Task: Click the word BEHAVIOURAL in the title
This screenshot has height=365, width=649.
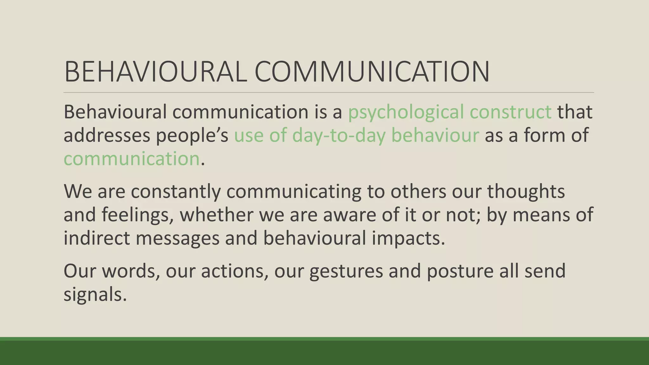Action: (x=155, y=72)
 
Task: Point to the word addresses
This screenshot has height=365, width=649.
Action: (x=106, y=135)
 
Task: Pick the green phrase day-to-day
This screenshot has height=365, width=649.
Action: (x=338, y=135)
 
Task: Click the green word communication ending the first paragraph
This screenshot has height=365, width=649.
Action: (x=131, y=159)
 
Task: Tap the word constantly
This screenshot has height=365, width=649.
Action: (x=176, y=191)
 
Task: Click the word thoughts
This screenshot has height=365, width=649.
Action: (x=526, y=191)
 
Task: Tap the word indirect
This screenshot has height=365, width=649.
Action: (x=97, y=238)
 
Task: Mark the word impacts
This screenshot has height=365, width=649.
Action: (x=408, y=239)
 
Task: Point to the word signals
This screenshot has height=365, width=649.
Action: (x=95, y=295)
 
